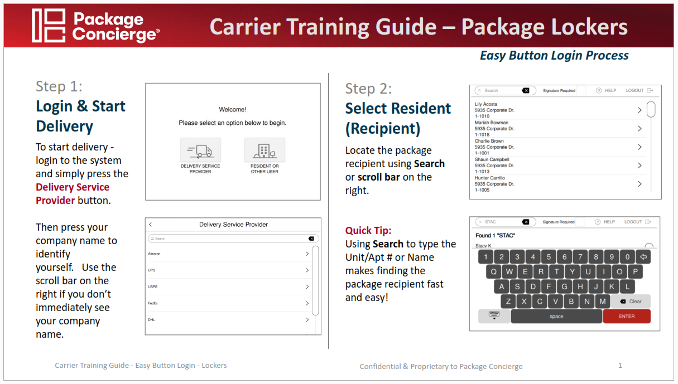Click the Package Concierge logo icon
49,26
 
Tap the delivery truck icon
200,150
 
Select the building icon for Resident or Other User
265,150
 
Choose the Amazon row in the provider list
154,254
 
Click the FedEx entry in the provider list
153,303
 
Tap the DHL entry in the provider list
151,319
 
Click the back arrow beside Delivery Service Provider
151,225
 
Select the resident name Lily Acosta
486,104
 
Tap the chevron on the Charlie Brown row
639,147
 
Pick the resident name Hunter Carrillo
489,178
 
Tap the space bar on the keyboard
556,316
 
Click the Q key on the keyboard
493,271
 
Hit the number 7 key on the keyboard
580,257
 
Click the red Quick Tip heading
368,230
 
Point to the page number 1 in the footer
620,365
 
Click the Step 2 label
368,89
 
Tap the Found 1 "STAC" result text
495,235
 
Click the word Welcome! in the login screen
233,109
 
